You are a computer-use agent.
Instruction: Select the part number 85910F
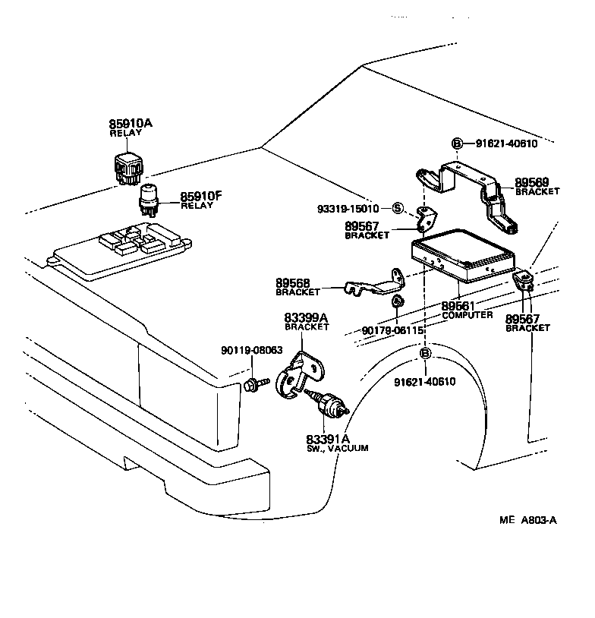200,196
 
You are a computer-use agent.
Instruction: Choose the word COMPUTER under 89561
467,314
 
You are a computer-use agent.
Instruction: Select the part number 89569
537,182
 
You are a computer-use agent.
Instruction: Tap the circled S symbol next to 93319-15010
398,208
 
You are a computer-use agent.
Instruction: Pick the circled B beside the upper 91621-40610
457,143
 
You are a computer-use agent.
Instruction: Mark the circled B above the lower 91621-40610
425,353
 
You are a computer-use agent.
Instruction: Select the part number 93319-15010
348,208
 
